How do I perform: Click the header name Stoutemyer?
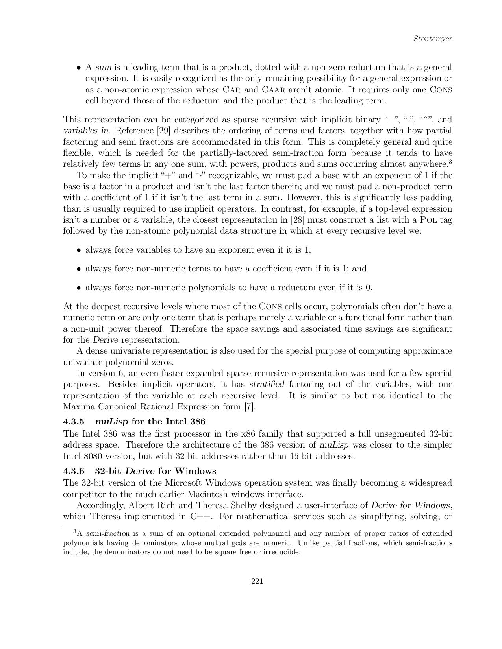(x=432, y=39)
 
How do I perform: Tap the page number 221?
(x=257, y=581)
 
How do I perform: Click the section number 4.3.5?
(x=74, y=422)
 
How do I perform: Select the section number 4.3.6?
(x=74, y=471)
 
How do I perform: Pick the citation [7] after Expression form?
(x=250, y=407)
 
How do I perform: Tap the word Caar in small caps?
(x=275, y=90)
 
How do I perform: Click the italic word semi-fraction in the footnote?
(x=107, y=534)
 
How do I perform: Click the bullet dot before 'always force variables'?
(x=79, y=250)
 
